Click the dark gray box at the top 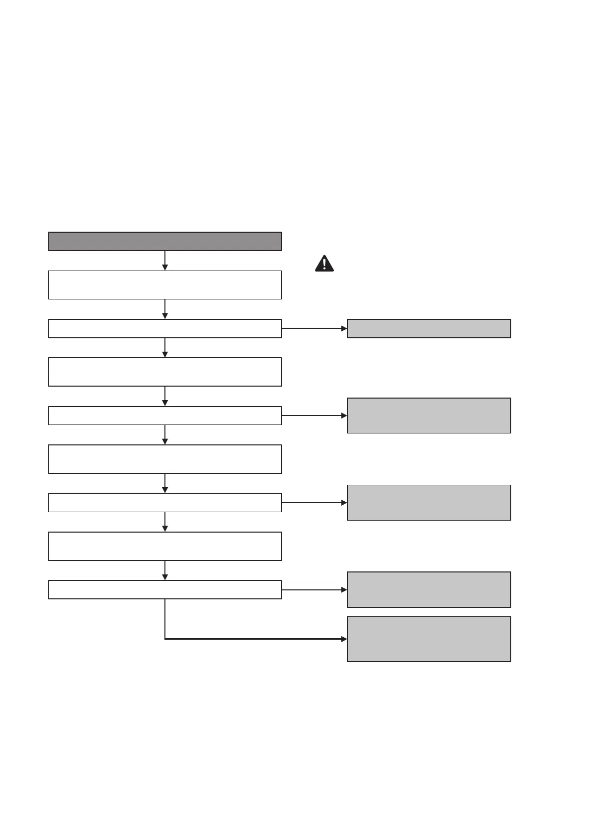click(165, 241)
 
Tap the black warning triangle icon click(324, 264)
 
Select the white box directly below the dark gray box click(165, 285)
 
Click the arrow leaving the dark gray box click(165, 261)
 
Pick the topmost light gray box click(429, 329)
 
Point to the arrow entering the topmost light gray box click(314, 329)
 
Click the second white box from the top click(165, 329)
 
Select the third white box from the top click(165, 372)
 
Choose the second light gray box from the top click(429, 416)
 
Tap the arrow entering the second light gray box click(314, 416)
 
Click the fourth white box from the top click(165, 416)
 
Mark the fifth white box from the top click(165, 459)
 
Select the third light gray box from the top click(429, 503)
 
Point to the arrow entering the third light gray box click(314, 503)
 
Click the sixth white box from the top click(165, 503)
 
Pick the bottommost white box click(165, 589)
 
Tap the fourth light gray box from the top click(429, 589)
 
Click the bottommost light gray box click(429, 639)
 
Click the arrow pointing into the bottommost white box click(165, 570)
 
